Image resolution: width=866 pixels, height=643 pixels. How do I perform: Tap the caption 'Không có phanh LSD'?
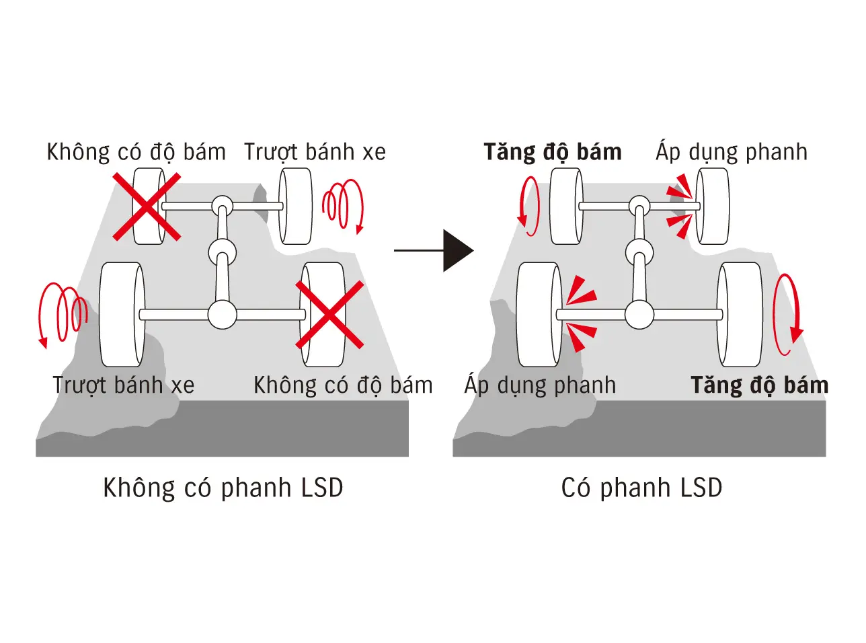(223, 488)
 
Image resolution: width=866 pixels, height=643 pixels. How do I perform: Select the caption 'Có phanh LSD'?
(641, 488)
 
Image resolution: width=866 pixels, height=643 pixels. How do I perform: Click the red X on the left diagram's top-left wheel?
(147, 206)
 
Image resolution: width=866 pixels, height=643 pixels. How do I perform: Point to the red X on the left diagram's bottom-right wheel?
(329, 315)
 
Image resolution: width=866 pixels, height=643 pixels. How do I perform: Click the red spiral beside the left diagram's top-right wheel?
(343, 204)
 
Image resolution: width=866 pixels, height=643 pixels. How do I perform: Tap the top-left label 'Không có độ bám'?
(136, 152)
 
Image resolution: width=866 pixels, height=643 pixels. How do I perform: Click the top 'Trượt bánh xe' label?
(315, 152)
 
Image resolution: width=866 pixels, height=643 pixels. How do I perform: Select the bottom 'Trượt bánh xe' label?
(124, 385)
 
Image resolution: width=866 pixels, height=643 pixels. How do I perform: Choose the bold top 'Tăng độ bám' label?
(553, 152)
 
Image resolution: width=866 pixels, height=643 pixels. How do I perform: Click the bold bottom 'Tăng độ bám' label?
(760, 385)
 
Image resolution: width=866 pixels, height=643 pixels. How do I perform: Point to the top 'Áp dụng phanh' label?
(732, 152)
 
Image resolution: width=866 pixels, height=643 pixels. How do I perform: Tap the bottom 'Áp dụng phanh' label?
(540, 385)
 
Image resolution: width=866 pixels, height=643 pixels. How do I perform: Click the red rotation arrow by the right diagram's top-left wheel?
(528, 206)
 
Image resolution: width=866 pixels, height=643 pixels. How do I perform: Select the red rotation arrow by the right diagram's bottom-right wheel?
(787, 314)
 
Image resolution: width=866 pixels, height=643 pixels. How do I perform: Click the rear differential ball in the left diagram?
(222, 314)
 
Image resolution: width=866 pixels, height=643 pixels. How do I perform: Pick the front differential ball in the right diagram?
(639, 205)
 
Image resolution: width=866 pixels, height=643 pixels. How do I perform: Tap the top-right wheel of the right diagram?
(712, 206)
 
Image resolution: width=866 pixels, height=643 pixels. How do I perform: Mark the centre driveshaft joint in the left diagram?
(222, 254)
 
